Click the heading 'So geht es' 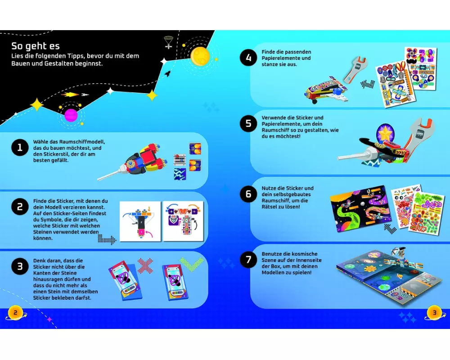tap(36, 46)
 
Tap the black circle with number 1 tap(20, 148)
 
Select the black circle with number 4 tap(248, 58)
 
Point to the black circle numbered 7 tap(248, 260)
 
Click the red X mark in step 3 tap(145, 265)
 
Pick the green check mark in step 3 tap(192, 264)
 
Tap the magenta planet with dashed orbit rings tap(71, 115)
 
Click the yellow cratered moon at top tap(200, 56)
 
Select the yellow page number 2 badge tap(15, 313)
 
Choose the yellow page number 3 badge tap(434, 313)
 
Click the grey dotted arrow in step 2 tap(107, 239)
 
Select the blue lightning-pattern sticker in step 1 tap(180, 174)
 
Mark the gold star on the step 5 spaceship tap(385, 134)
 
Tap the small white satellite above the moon tap(168, 42)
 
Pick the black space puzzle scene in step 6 tap(361, 208)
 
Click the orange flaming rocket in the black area tap(70, 94)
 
